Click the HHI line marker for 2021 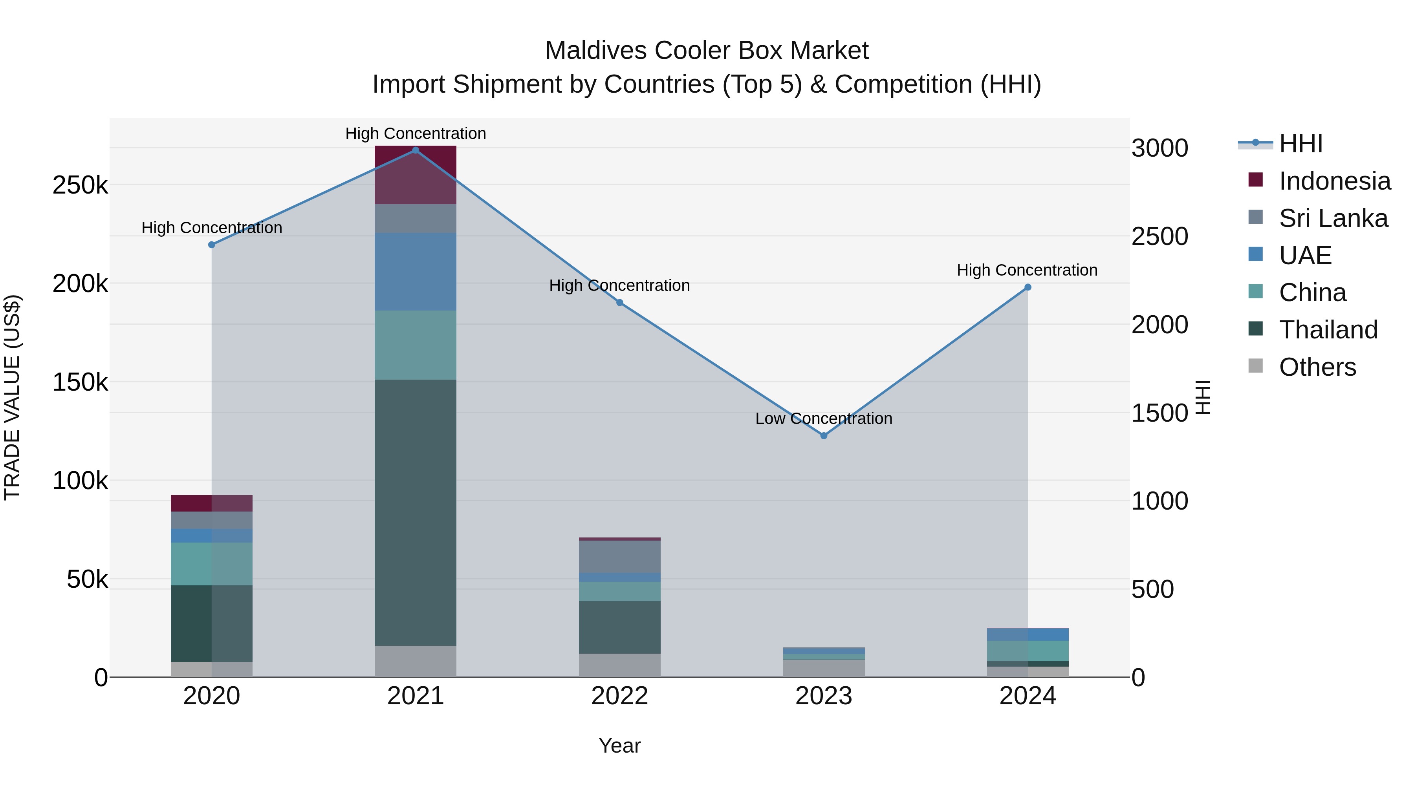click(416, 150)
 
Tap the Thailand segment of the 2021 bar click(416, 512)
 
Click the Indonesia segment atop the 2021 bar click(416, 174)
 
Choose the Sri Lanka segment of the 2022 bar click(620, 556)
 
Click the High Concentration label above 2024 click(1027, 270)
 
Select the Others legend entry click(1317, 367)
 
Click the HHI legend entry click(1300, 144)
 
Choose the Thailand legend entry click(1328, 330)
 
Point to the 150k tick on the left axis click(80, 382)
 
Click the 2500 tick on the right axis click(1159, 236)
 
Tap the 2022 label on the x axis click(620, 696)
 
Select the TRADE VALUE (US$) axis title click(12, 397)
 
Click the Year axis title click(620, 746)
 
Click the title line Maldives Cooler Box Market click(707, 51)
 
